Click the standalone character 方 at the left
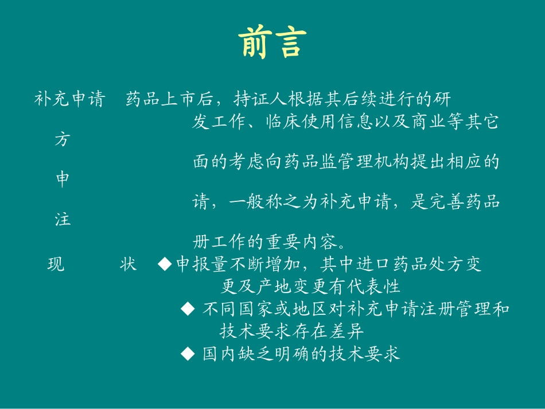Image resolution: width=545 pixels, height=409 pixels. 62,139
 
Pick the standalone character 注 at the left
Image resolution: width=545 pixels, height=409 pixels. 62,220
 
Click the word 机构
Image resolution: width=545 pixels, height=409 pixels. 401,162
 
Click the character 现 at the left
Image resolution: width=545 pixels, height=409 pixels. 56,264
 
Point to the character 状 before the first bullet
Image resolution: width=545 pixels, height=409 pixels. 129,264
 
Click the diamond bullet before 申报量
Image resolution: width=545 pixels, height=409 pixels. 165,264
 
